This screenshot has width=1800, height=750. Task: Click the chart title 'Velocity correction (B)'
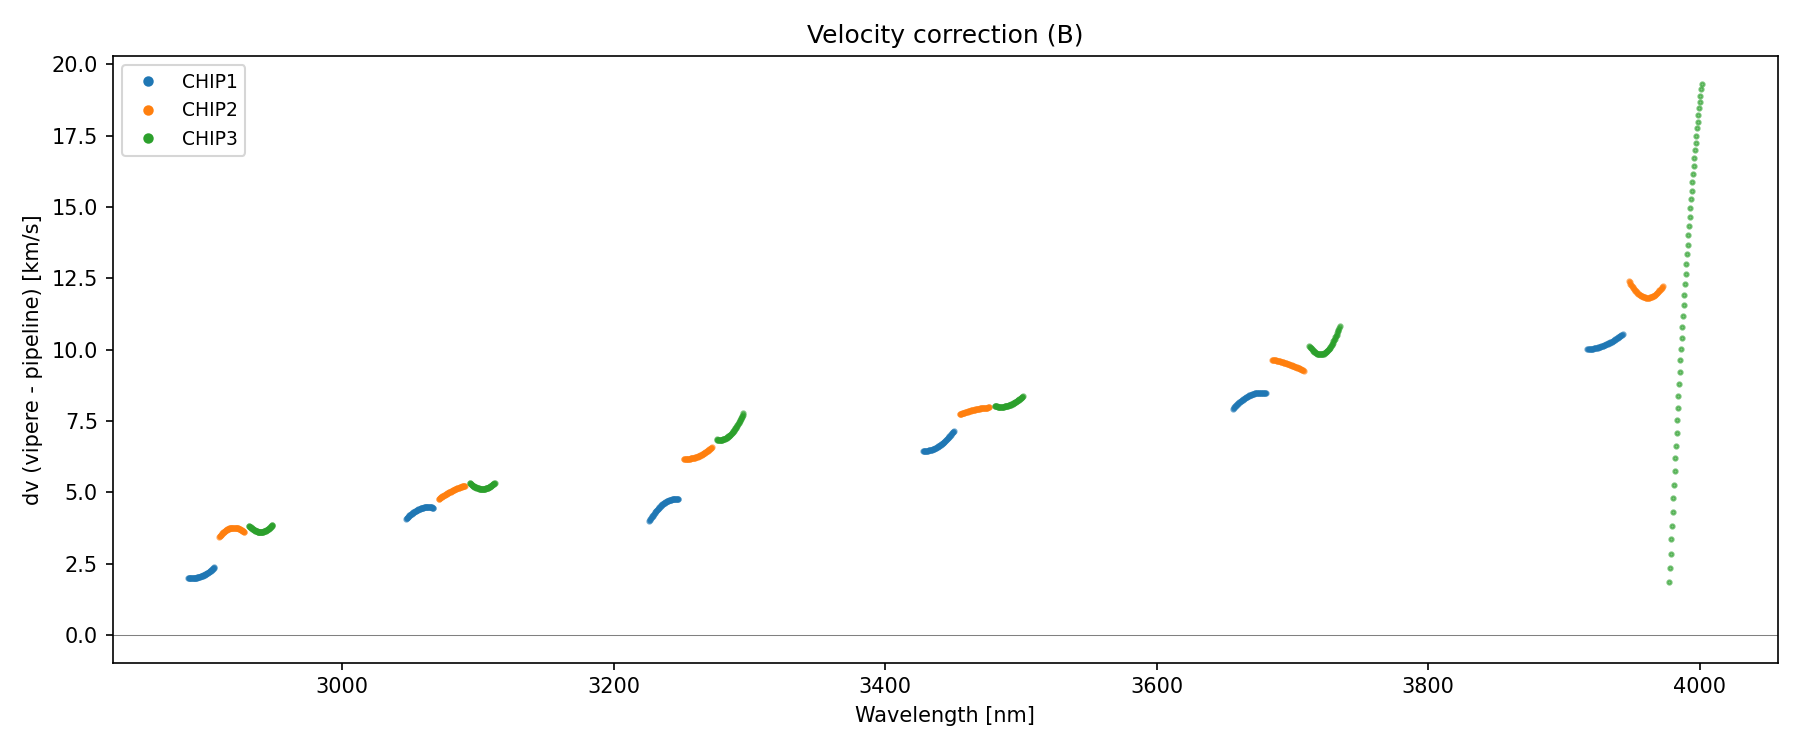click(944, 35)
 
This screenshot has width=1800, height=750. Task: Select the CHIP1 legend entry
click(209, 81)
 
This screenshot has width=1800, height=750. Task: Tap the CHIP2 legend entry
click(209, 110)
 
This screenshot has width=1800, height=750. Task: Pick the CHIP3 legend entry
click(209, 139)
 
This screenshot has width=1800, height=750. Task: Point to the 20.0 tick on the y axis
click(75, 65)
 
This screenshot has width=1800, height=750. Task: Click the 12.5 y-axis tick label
click(75, 279)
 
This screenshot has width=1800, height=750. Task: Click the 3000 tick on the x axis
click(342, 686)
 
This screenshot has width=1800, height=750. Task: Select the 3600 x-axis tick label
click(1156, 686)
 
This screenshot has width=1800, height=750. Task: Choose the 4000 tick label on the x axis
click(1699, 686)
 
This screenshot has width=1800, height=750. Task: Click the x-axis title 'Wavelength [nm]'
click(944, 715)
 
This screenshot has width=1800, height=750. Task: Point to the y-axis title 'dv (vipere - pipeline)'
click(32, 360)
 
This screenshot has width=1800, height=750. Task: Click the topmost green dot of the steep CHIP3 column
click(1702, 85)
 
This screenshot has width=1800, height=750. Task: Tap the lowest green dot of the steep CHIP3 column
click(1669, 582)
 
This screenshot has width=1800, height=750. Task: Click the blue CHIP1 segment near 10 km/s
click(1604, 345)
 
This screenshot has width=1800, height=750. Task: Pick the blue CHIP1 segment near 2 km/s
click(200, 576)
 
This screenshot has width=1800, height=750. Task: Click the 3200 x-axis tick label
click(613, 686)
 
